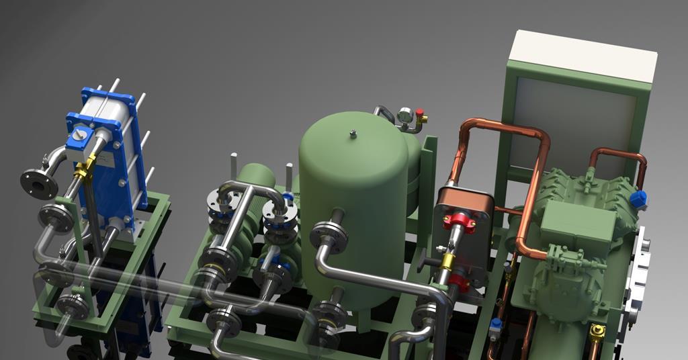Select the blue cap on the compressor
tap(638, 199)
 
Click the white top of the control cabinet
tap(583, 56)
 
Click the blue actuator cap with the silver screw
tap(79, 138)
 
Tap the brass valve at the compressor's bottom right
tap(596, 331)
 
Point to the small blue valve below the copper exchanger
tap(495, 325)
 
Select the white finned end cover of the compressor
tap(636, 275)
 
